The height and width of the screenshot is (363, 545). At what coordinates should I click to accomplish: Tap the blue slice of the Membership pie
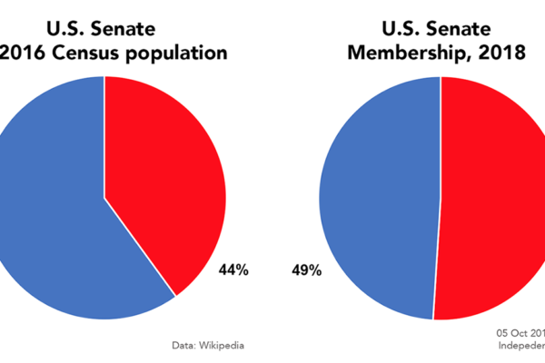pyautogui.click(x=381, y=200)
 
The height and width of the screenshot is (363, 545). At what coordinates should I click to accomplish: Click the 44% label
pyautogui.click(x=233, y=270)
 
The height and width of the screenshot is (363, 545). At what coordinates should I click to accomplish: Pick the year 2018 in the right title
pyautogui.click(x=501, y=54)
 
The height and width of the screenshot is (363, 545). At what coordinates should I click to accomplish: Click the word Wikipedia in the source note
pyautogui.click(x=221, y=345)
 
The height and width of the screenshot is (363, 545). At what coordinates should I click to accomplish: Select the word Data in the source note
pyautogui.click(x=183, y=345)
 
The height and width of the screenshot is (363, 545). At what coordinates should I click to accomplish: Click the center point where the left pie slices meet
pyautogui.click(x=104, y=197)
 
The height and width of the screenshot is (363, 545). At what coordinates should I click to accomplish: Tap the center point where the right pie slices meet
pyautogui.click(x=441, y=198)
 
